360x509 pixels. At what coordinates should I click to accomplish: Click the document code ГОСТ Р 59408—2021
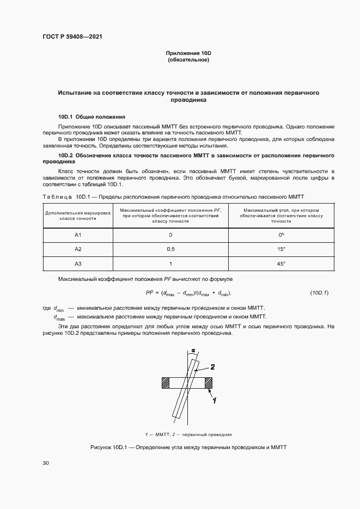tap(72, 37)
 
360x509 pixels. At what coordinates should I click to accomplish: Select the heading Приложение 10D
tap(188, 53)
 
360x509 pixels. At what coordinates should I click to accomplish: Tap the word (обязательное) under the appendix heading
tap(188, 60)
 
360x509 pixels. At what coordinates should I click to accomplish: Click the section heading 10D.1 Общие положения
tap(92, 116)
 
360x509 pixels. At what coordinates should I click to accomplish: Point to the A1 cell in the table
tap(77, 235)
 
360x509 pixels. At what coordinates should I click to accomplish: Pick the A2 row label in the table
tap(77, 249)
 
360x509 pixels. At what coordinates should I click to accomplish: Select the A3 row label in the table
tap(77, 263)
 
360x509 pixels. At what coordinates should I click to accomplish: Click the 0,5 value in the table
tap(170, 249)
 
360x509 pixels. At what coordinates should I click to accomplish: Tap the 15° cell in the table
tap(281, 249)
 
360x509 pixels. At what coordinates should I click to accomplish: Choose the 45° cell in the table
tap(281, 263)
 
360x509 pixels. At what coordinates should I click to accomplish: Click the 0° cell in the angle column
tap(281, 235)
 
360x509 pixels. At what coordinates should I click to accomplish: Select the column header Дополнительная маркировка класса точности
tap(77, 214)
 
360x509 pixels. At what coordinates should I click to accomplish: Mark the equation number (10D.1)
tap(319, 293)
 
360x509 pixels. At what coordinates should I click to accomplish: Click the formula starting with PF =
tap(188, 293)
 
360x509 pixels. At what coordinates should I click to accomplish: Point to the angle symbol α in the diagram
tap(193, 351)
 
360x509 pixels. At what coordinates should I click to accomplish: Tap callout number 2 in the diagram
tap(212, 367)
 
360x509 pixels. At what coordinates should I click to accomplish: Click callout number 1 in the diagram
tap(216, 401)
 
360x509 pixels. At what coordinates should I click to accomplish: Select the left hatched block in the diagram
tap(164, 383)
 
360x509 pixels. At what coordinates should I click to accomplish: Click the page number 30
tap(46, 463)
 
